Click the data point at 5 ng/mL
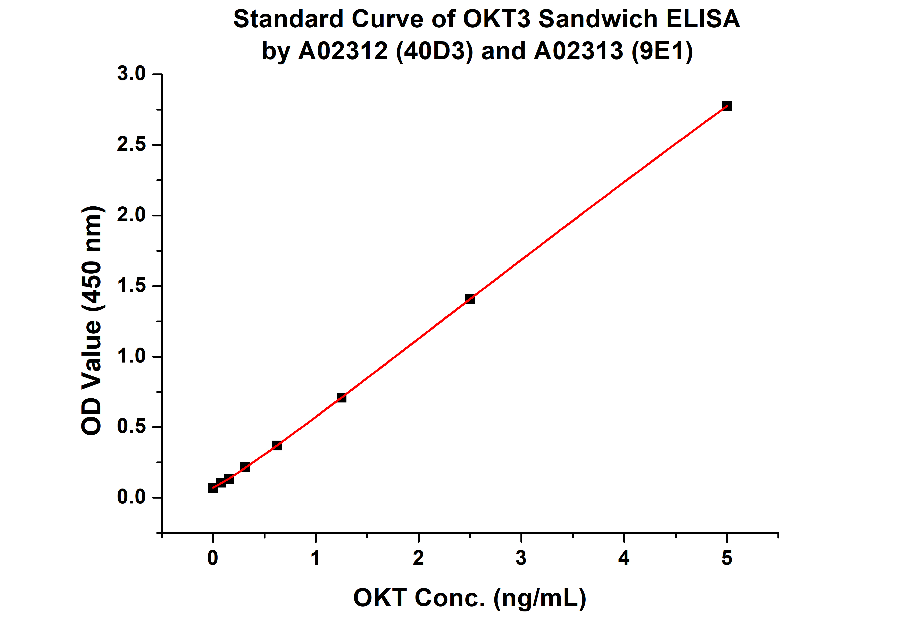(x=727, y=106)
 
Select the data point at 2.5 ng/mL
(x=470, y=299)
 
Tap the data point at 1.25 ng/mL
(x=341, y=397)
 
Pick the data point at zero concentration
(x=213, y=488)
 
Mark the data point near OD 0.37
(x=277, y=445)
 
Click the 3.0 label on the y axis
(x=131, y=74)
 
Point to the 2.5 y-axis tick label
(x=131, y=144)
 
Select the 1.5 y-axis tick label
(x=131, y=286)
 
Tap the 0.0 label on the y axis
(x=131, y=497)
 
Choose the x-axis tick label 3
(x=521, y=558)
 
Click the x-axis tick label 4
(x=624, y=558)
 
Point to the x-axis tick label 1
(x=315, y=558)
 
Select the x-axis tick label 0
(x=213, y=558)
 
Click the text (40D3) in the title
(x=434, y=52)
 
